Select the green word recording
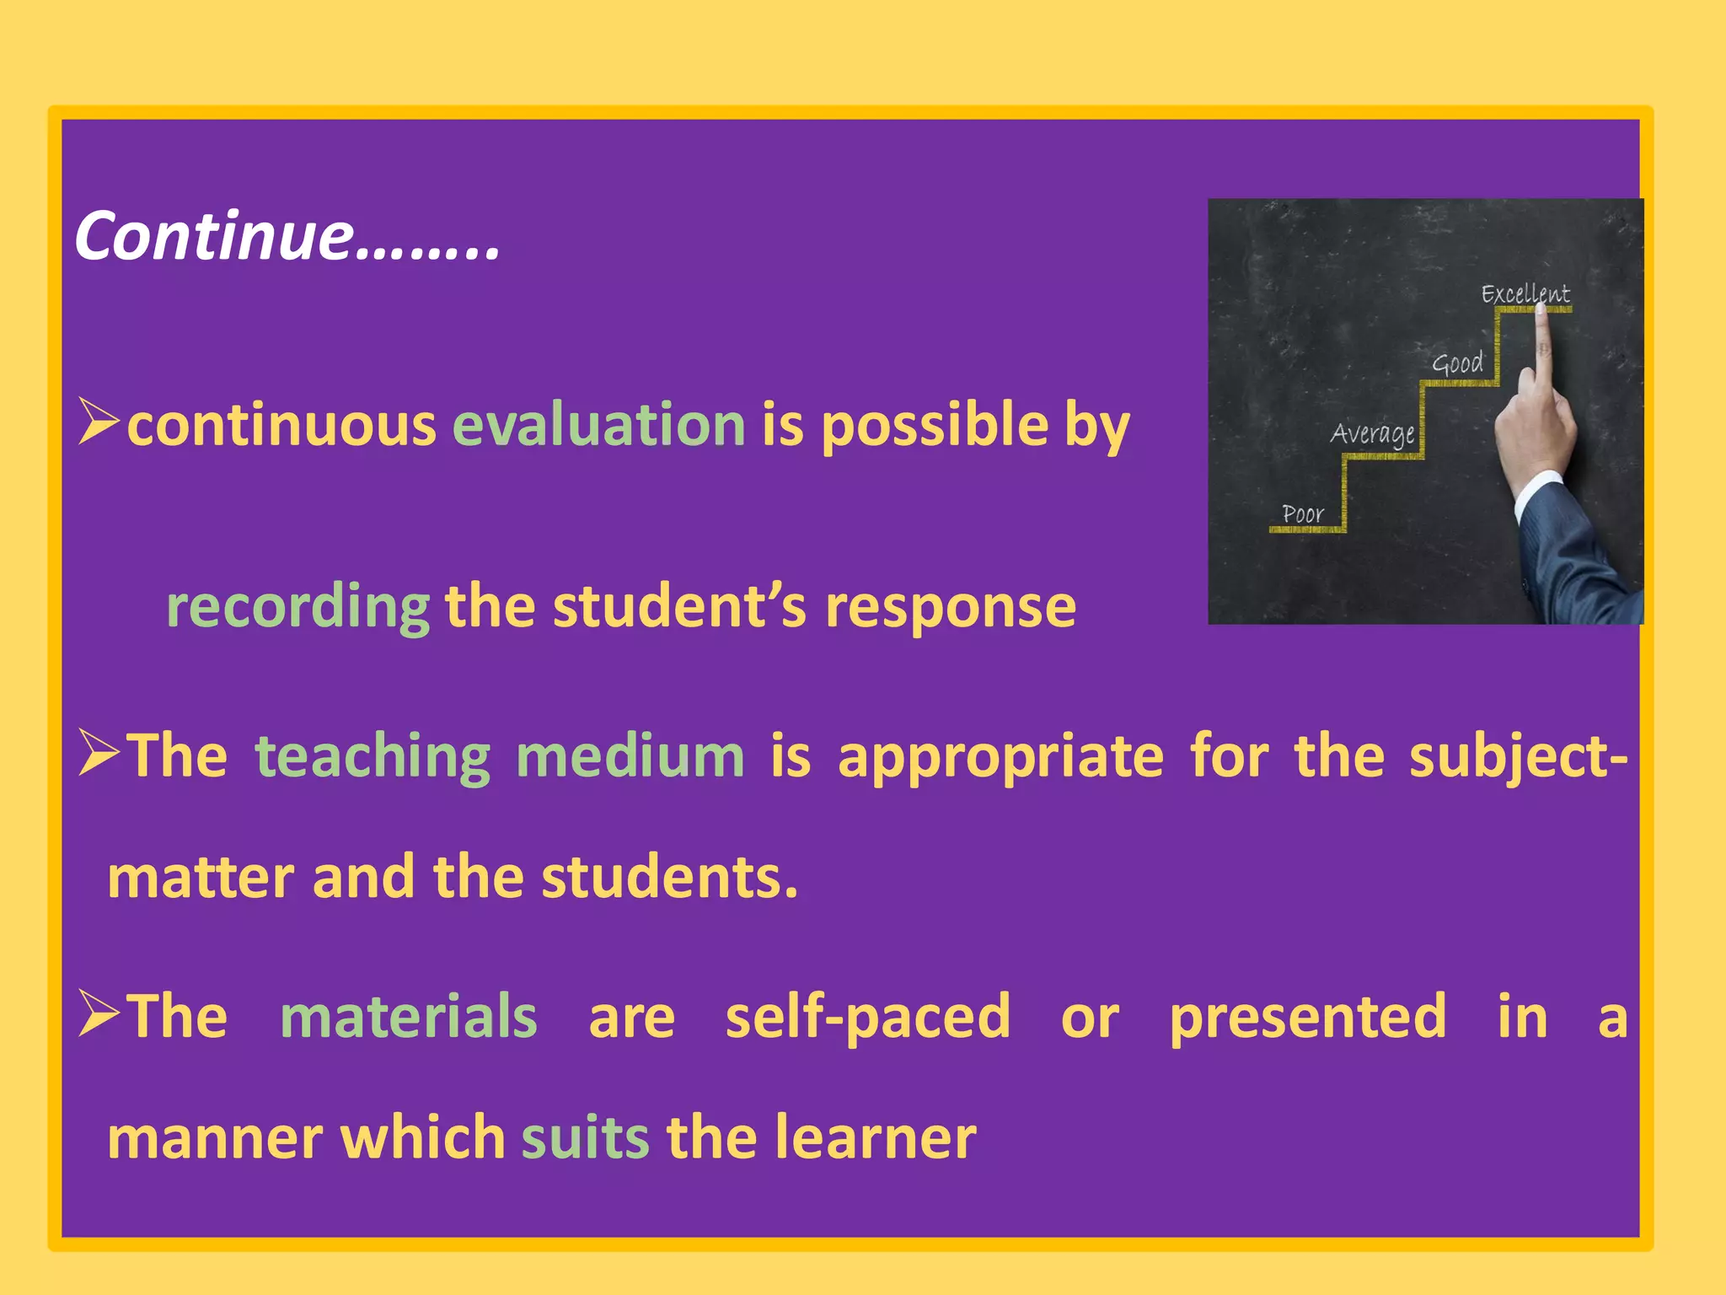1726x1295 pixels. coord(298,607)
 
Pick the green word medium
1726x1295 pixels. coord(630,756)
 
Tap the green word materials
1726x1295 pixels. coord(408,1017)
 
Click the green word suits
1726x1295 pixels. coord(585,1137)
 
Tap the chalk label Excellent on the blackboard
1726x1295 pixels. coord(1525,294)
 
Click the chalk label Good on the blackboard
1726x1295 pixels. coord(1457,363)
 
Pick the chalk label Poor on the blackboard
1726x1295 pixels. coord(1302,513)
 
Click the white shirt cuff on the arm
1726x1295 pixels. coord(1539,493)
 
